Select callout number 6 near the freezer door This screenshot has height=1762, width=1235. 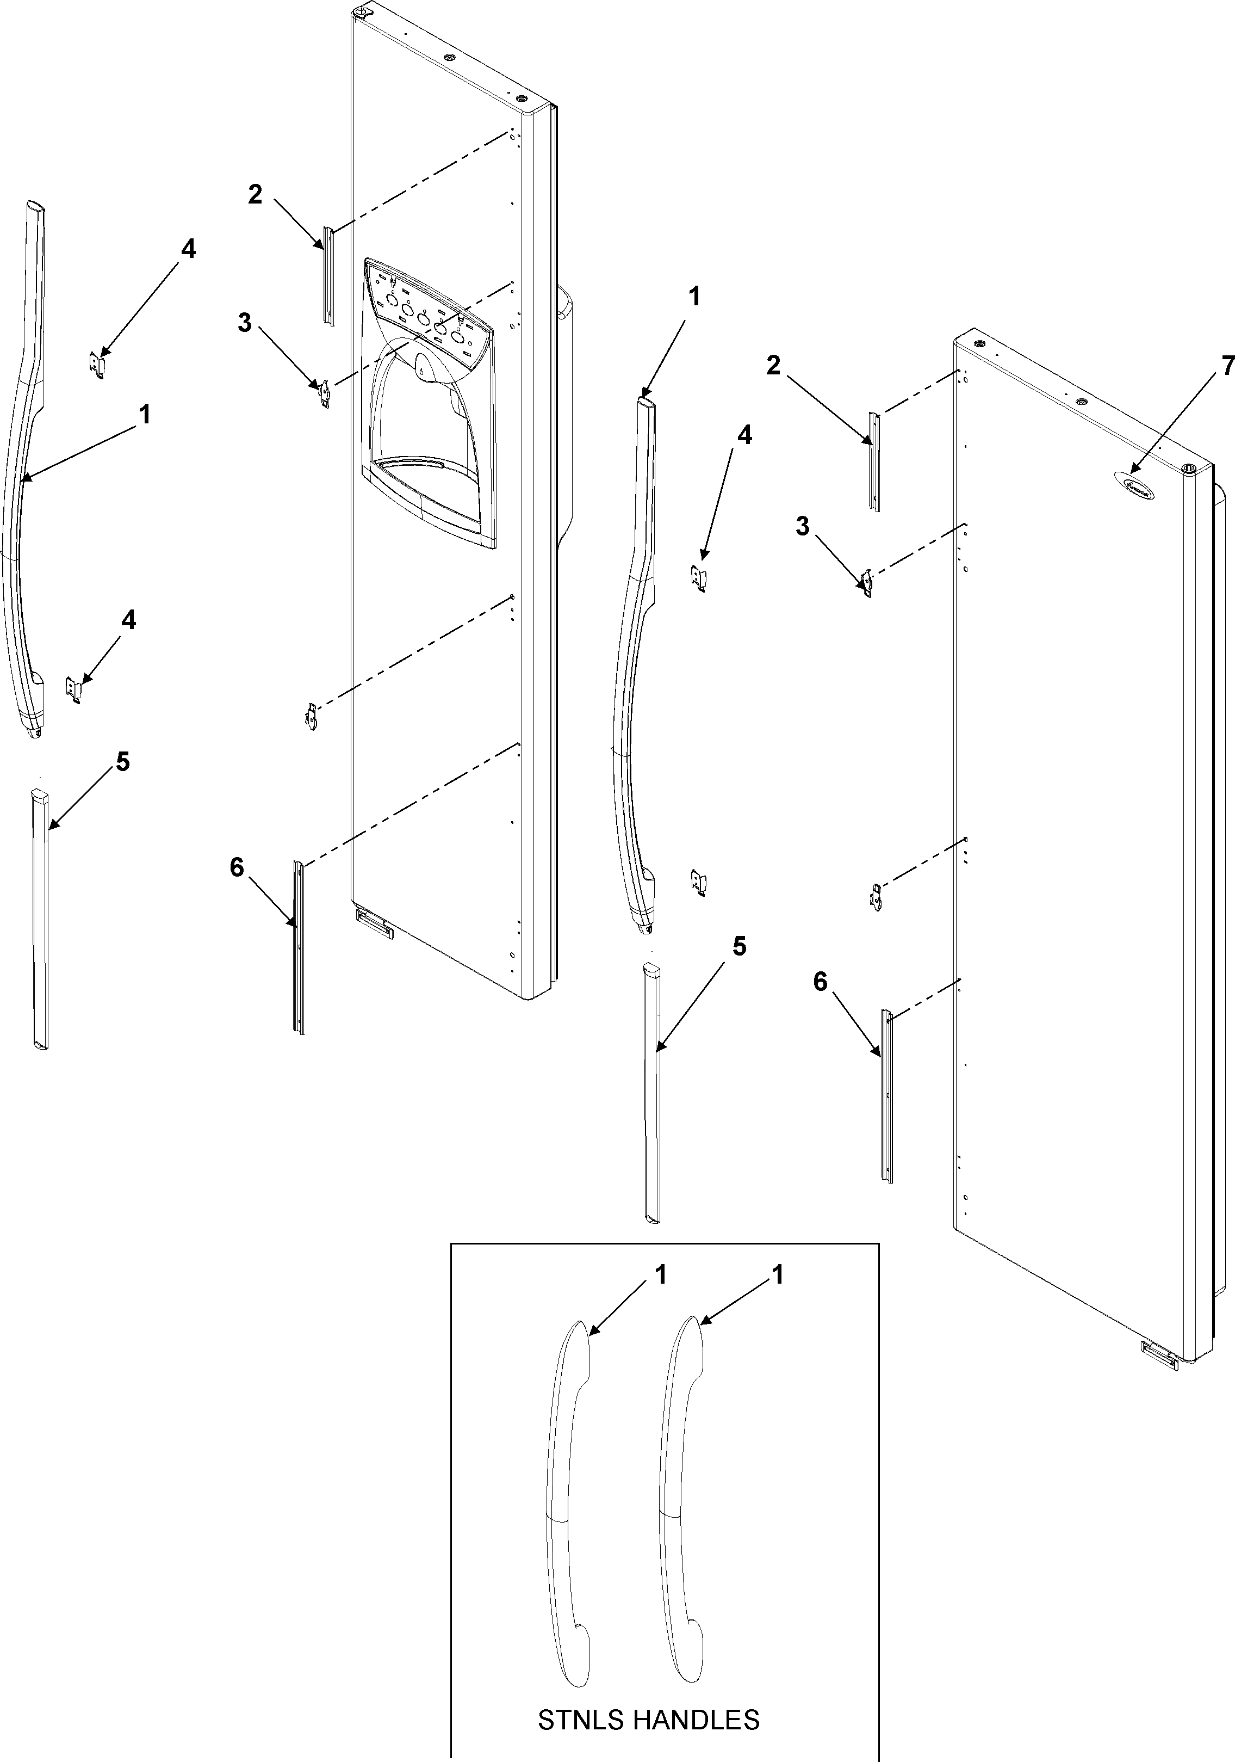236,867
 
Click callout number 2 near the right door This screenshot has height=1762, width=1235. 773,365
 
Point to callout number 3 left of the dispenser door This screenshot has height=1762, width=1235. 244,323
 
